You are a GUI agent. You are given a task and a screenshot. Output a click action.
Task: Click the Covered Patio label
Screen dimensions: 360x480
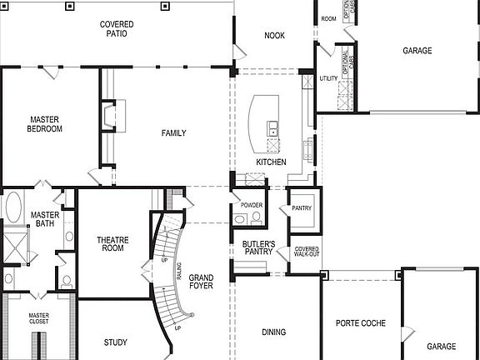[117, 30]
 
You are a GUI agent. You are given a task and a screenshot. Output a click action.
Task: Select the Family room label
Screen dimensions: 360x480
[173, 133]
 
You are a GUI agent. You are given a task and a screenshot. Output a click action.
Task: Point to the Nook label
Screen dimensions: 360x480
[274, 36]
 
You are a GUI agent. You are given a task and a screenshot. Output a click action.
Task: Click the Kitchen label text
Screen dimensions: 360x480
[271, 162]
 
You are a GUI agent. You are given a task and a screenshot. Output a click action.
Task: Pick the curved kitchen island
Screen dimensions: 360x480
[267, 121]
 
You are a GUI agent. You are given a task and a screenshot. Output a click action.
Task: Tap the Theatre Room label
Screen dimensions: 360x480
[112, 242]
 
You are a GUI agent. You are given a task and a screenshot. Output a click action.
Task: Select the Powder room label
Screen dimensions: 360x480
[252, 205]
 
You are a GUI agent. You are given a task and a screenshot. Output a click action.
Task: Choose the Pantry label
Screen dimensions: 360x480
[301, 208]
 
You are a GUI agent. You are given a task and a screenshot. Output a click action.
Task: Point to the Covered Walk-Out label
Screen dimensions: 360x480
[306, 252]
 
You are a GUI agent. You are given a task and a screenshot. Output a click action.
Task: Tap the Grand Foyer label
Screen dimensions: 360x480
[200, 282]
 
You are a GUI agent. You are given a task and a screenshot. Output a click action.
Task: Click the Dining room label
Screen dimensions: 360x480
[273, 332]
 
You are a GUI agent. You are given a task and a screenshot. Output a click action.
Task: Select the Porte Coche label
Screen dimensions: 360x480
[359, 322]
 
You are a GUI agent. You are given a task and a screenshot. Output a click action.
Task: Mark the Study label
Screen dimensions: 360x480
[115, 342]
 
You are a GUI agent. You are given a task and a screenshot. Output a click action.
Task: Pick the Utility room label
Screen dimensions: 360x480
[328, 78]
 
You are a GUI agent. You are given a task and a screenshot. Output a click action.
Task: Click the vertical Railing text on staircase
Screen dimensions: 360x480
[177, 271]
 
